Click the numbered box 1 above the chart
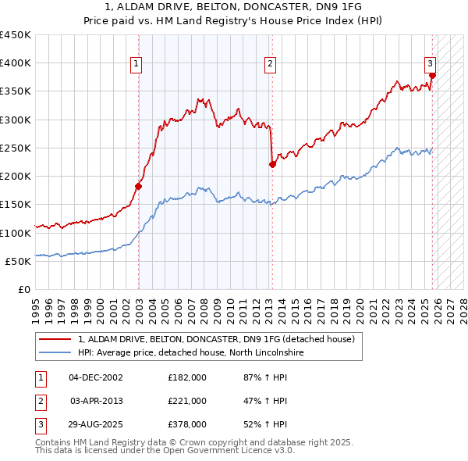coord(136,64)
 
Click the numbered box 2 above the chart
coord(270,64)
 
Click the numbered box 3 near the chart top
coord(430,64)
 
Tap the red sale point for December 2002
coord(139,186)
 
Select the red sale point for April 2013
coord(272,164)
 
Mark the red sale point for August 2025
coord(432,76)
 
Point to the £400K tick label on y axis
coord(16,63)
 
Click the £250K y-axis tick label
coord(16,148)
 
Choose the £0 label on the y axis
coord(23,289)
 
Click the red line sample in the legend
coord(55,339)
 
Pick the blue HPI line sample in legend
coord(55,352)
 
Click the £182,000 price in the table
coord(186,377)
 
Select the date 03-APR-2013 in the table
coord(96,401)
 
